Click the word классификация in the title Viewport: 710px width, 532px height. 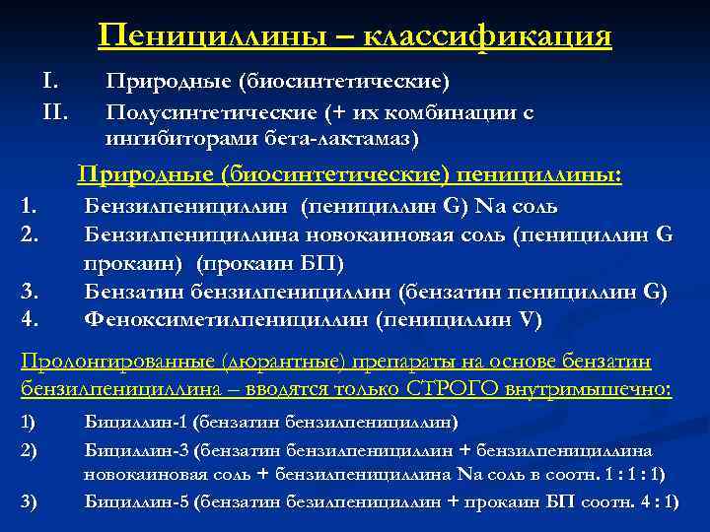click(x=487, y=36)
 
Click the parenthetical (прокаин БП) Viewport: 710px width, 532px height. click(x=270, y=265)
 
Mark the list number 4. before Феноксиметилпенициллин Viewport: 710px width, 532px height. click(x=31, y=318)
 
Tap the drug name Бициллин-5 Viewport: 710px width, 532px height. click(x=136, y=501)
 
